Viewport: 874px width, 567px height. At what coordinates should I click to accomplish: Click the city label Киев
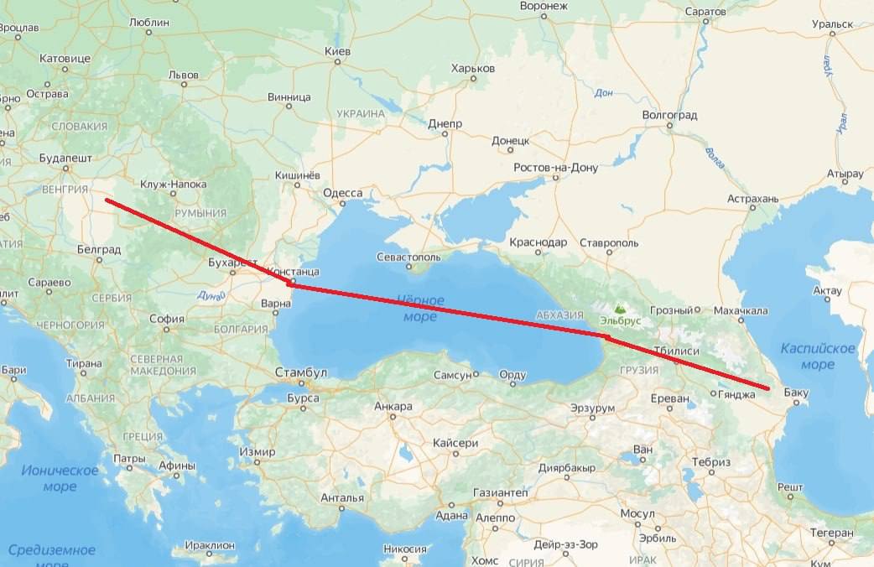tap(336, 52)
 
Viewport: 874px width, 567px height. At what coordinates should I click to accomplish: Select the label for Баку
tap(796, 392)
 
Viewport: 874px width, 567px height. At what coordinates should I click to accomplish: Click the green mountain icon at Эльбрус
tap(620, 309)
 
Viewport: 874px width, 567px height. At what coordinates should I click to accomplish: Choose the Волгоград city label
tap(669, 114)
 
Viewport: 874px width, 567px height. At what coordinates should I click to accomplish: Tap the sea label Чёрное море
tap(419, 308)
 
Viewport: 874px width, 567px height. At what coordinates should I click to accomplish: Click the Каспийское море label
tap(817, 356)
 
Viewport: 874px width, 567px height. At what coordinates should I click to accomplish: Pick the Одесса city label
tap(343, 193)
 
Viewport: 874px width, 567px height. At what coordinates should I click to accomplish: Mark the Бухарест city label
tap(232, 263)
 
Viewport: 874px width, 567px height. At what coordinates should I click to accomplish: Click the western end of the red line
tap(107, 200)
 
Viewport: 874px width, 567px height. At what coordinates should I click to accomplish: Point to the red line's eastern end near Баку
tap(767, 388)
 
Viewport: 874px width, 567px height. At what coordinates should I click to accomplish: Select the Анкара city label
tap(393, 407)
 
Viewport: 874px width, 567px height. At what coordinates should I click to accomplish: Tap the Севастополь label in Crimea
tap(410, 255)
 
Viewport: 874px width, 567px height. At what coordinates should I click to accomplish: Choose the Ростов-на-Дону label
tap(556, 168)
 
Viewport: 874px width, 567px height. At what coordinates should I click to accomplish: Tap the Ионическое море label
tap(60, 478)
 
